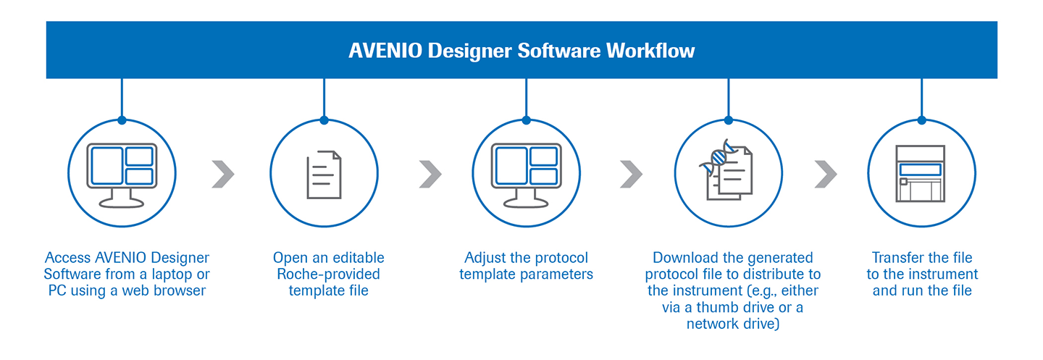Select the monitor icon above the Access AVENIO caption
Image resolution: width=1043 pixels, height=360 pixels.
[x=121, y=173]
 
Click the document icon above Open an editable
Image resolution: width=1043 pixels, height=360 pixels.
[x=323, y=174]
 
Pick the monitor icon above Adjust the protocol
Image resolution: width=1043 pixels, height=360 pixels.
[x=526, y=173]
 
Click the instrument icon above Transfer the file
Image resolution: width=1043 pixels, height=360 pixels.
[x=921, y=174]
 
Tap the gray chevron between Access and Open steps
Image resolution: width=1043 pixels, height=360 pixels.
[x=223, y=174]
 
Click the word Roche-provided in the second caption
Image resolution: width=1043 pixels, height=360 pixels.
[x=328, y=275]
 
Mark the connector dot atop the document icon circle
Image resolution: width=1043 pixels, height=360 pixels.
[x=324, y=120]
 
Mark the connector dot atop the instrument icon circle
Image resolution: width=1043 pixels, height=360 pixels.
[x=921, y=120]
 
